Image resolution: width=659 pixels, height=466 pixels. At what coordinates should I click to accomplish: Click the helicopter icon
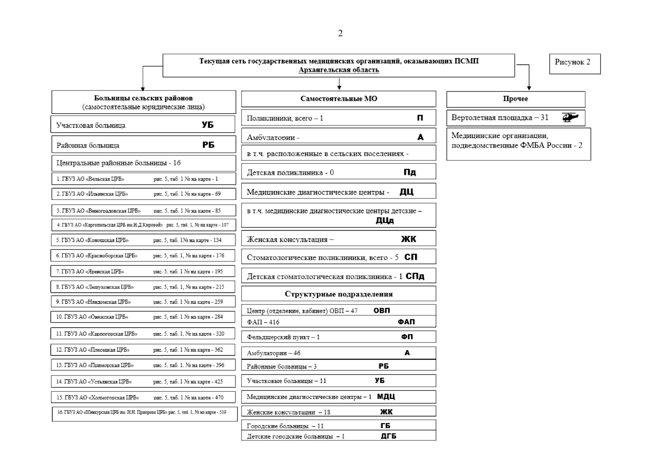570,117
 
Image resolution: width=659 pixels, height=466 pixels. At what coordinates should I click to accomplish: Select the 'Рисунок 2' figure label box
574,63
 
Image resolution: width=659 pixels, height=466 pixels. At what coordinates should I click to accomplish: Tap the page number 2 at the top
340,33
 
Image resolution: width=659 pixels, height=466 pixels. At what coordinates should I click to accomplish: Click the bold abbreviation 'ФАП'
406,322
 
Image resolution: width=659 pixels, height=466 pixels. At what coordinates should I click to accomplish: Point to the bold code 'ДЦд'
384,221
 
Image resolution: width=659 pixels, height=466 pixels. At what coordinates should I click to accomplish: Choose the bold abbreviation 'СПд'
415,276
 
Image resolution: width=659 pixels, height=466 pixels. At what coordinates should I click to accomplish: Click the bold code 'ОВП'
381,310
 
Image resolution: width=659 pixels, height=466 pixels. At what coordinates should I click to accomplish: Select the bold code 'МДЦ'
386,396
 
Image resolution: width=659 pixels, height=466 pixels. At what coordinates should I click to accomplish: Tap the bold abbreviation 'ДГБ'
388,436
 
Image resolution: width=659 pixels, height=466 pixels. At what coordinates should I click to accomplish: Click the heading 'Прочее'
515,99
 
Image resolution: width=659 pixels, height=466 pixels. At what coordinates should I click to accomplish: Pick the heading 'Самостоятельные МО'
339,99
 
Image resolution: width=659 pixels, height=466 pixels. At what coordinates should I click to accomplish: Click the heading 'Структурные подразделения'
339,294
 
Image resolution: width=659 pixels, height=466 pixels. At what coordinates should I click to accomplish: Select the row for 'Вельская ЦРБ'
143,179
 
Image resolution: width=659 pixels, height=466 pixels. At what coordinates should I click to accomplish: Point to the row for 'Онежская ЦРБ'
143,317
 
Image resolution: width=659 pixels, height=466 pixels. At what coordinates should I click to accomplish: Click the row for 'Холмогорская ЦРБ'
143,398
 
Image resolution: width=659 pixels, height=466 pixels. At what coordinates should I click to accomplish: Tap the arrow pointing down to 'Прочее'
529,87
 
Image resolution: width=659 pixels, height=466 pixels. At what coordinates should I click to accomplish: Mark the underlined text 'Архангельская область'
339,70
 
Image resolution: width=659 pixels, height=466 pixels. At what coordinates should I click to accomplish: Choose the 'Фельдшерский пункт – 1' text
283,337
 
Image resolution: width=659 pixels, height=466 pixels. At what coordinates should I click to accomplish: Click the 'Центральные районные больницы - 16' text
118,163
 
